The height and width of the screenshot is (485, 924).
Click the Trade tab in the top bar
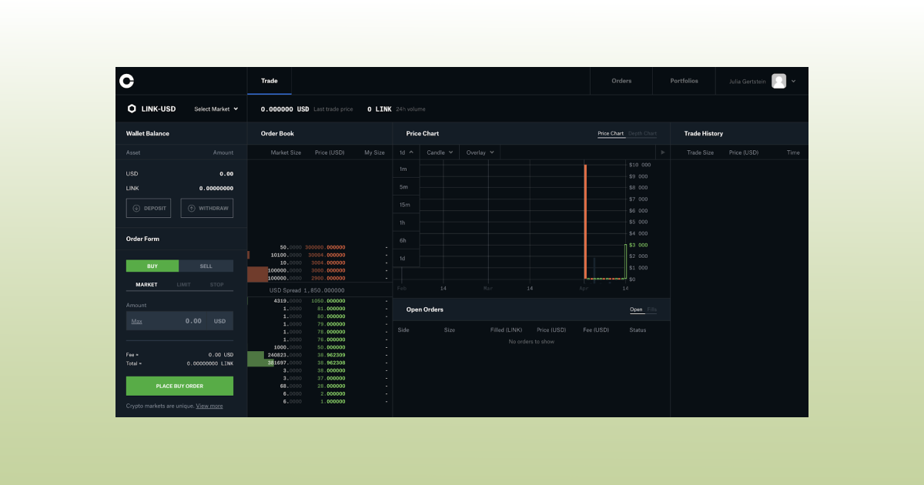269,81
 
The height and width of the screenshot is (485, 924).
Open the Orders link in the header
621,81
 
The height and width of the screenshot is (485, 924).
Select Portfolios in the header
684,81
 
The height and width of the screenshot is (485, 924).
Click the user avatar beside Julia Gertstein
778,81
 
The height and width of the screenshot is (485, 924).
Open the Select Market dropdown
216,109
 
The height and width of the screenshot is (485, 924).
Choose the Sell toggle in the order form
206,266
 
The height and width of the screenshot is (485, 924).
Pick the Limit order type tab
184,285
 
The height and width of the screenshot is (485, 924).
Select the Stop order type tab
217,285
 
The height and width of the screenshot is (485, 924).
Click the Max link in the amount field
136,321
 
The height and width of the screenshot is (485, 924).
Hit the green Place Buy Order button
179,386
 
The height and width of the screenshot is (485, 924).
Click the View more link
209,406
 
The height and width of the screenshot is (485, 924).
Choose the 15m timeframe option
404,205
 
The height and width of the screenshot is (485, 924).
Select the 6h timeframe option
403,240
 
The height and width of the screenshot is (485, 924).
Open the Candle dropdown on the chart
440,152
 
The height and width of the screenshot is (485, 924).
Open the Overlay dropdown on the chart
480,152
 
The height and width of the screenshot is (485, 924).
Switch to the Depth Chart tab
642,134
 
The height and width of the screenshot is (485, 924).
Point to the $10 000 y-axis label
640,165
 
